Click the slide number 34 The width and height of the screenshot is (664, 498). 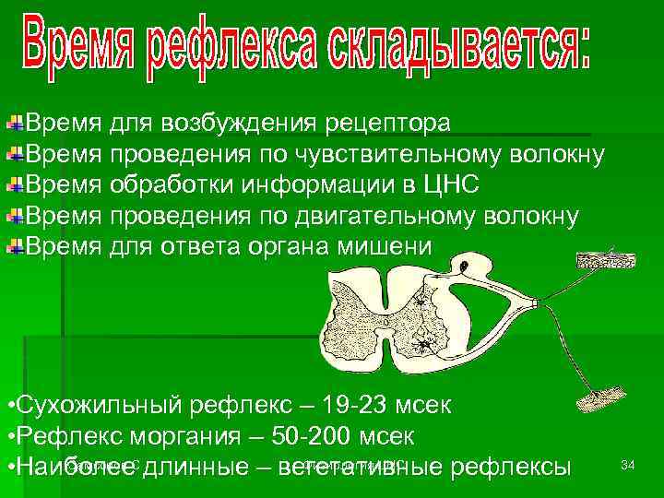(x=628, y=465)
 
